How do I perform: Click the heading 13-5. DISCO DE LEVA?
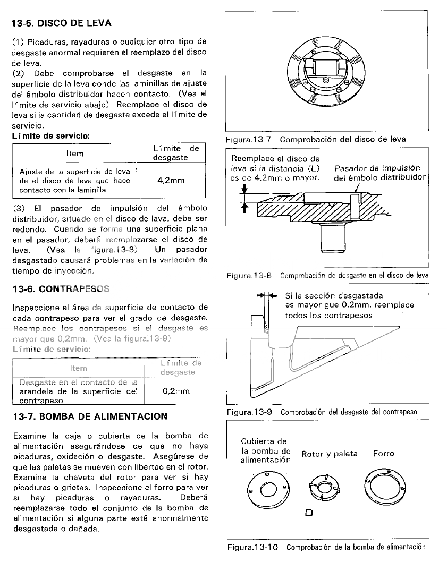(x=62, y=24)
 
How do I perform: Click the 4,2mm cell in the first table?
(x=171, y=180)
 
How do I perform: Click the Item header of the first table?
(x=74, y=154)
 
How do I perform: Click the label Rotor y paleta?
(x=329, y=454)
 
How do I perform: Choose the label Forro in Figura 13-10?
(x=383, y=454)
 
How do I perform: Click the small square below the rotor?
(x=309, y=513)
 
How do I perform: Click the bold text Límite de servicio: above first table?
(x=50, y=136)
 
